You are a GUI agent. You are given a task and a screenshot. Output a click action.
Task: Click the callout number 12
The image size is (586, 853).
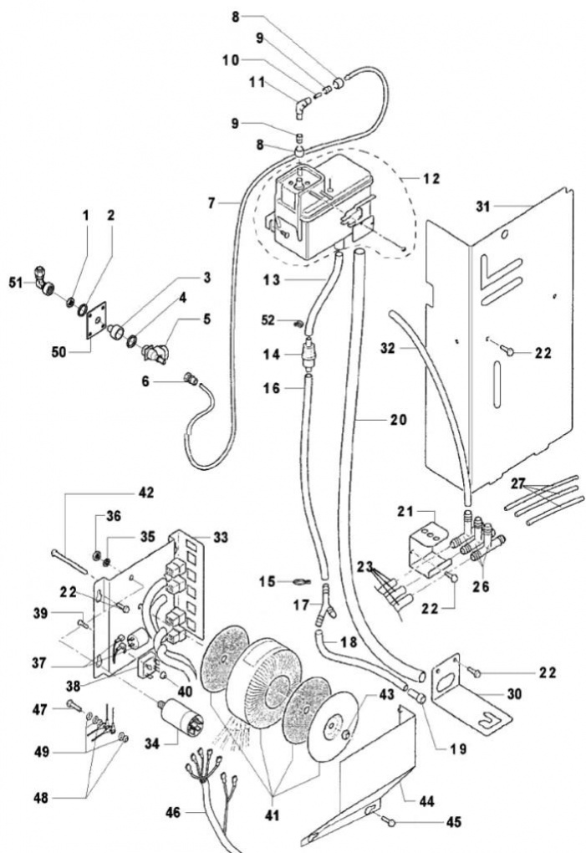coord(431,179)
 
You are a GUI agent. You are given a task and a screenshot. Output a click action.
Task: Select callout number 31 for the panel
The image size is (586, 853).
coord(482,207)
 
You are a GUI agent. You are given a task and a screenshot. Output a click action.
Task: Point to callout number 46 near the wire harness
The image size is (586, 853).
coord(173,813)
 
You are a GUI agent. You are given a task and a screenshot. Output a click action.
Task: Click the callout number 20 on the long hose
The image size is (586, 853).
coord(399,420)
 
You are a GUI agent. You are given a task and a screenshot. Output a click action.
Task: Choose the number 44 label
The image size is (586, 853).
coord(426,801)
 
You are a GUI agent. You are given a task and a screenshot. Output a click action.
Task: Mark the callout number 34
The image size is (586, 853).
coord(151,743)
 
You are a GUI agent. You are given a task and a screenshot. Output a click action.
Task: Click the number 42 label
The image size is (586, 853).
coord(145,493)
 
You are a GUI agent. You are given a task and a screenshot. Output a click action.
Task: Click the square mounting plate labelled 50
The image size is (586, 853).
coord(96,320)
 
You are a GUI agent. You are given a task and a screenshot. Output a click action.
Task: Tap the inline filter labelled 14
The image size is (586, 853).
coord(308,355)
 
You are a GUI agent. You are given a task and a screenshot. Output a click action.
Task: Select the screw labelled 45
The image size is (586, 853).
coord(390,821)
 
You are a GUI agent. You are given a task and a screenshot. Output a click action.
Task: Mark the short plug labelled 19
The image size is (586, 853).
coord(416,695)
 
